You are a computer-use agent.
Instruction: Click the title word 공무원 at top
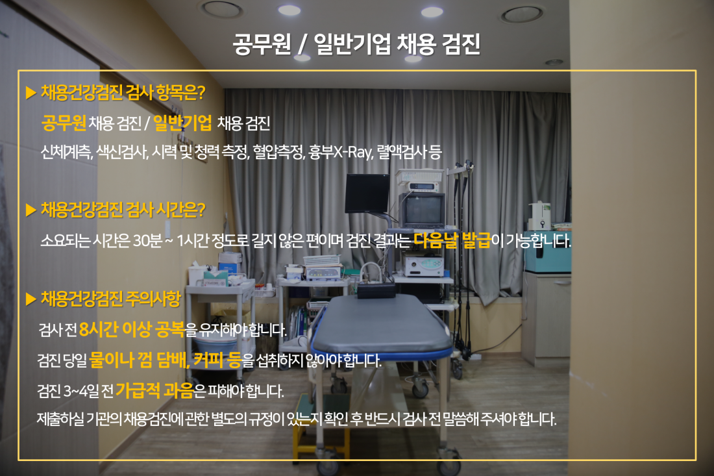[x=262, y=45]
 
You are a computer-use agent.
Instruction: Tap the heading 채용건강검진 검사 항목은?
[x=123, y=92]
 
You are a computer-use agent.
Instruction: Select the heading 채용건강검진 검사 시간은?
[x=123, y=210]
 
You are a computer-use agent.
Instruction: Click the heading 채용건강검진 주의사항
[x=110, y=299]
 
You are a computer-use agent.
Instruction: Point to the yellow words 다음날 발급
[x=452, y=240]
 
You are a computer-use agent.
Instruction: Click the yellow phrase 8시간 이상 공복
[x=132, y=329]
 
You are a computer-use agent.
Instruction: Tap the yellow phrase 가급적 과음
[x=154, y=390]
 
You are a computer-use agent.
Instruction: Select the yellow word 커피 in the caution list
[x=209, y=360]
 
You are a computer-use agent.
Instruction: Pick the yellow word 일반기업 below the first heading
[x=182, y=123]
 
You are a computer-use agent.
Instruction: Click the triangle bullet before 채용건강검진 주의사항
[x=31, y=299]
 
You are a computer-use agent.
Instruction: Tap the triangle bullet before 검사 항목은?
[x=31, y=93]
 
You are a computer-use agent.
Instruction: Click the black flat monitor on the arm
[x=367, y=194]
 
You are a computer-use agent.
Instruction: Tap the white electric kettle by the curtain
[x=540, y=216]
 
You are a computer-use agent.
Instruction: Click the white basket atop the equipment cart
[x=419, y=176]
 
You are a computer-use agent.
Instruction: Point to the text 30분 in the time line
[x=147, y=240]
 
